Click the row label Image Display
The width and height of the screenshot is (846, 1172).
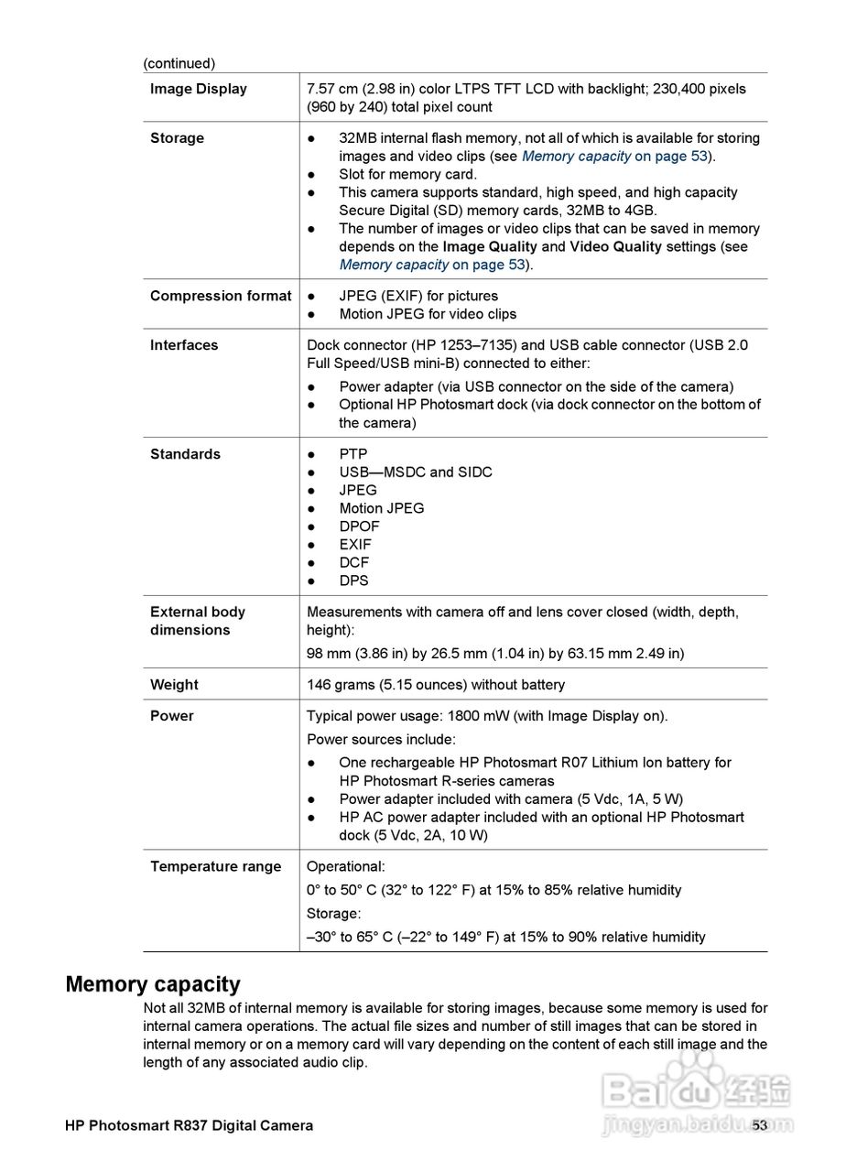(198, 89)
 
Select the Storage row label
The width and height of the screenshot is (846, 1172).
(177, 138)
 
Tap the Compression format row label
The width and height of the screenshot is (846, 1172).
(220, 296)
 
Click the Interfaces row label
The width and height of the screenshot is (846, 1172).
(184, 345)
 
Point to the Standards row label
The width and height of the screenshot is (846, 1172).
(185, 454)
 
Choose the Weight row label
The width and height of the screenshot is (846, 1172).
(174, 685)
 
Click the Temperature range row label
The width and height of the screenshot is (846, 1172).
(215, 866)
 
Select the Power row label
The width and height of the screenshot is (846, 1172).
(171, 716)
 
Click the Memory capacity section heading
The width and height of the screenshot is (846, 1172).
(153, 984)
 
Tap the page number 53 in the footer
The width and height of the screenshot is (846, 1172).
(759, 1125)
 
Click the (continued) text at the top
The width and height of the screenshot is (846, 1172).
(179, 63)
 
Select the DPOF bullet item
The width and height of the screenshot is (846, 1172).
(359, 526)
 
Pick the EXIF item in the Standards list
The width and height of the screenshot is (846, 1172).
(355, 545)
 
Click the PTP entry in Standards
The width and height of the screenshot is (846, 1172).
(352, 454)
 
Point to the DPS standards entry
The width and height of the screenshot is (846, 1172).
(353, 581)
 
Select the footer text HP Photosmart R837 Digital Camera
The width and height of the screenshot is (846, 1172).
(189, 1125)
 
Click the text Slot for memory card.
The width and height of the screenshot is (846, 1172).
(407, 174)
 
